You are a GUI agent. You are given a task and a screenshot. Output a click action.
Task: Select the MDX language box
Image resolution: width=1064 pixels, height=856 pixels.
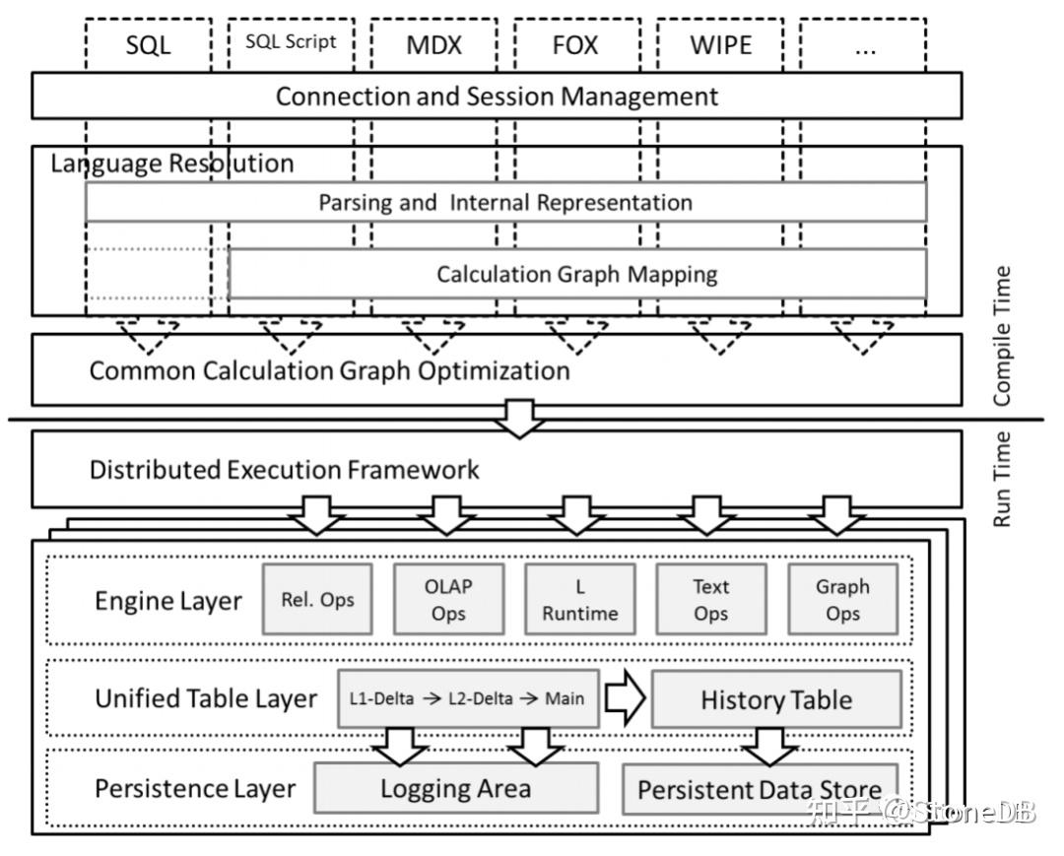434,44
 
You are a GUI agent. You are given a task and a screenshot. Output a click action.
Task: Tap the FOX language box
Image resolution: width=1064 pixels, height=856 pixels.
576,44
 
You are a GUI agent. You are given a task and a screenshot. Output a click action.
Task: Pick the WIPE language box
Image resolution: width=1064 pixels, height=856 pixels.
720,44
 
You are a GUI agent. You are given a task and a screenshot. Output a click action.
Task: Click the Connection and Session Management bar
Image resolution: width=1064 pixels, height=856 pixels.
497,96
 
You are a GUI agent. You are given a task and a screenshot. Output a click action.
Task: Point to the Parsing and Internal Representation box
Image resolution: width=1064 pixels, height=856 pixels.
506,202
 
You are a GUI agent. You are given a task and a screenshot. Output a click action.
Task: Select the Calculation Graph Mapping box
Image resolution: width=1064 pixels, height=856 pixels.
577,274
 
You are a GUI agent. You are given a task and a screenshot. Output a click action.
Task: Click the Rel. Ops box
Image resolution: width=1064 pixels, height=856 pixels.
317,600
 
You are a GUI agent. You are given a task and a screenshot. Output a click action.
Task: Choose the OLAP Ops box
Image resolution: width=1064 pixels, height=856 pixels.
448,600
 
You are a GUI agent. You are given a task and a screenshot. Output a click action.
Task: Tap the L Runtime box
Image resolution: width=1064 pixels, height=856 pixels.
580,600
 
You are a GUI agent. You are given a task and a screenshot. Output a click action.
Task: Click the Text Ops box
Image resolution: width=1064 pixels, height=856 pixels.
711,600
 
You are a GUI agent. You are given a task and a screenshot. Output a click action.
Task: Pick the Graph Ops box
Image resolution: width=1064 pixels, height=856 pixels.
842,600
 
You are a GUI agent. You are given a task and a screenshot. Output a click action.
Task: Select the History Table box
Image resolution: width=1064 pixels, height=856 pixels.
777,699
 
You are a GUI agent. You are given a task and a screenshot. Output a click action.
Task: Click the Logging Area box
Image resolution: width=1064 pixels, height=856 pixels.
456,788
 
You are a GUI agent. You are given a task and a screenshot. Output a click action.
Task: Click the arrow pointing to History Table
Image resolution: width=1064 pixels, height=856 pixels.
625,698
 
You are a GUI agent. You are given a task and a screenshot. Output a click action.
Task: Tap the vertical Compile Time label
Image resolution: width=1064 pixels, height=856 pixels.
1002,337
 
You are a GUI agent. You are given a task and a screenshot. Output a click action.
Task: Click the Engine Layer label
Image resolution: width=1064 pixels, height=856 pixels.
168,601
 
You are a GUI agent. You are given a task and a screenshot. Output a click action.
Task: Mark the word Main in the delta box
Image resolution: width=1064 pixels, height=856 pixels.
565,698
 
